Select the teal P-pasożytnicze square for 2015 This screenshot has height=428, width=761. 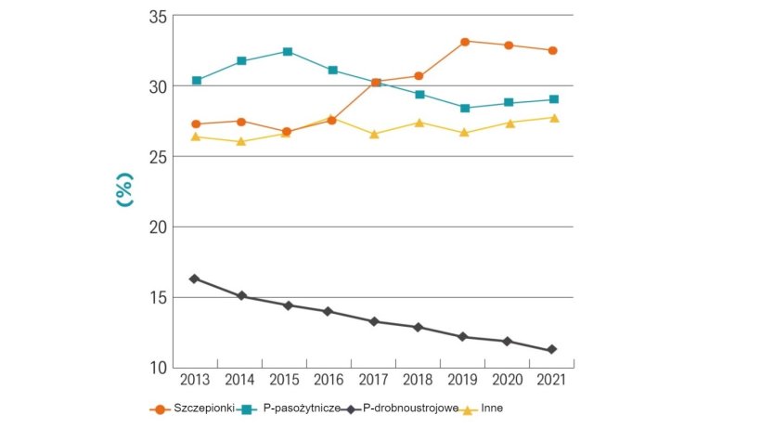288,52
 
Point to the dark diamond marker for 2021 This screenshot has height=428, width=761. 552,350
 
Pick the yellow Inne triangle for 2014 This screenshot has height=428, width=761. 241,142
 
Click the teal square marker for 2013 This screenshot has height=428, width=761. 197,81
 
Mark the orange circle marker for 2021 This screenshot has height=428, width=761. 552,50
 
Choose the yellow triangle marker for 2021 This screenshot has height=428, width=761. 552,118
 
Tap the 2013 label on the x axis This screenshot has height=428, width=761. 195,380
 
